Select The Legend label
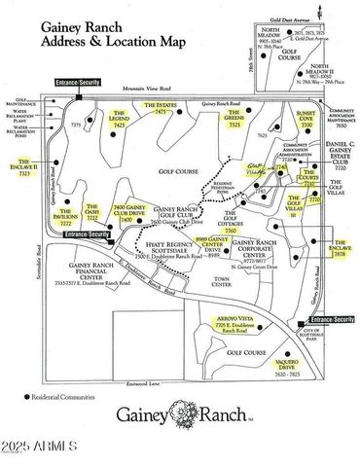click(x=119, y=122)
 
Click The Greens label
click(x=234, y=121)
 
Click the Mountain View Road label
click(x=147, y=87)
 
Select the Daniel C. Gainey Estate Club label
click(x=333, y=153)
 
